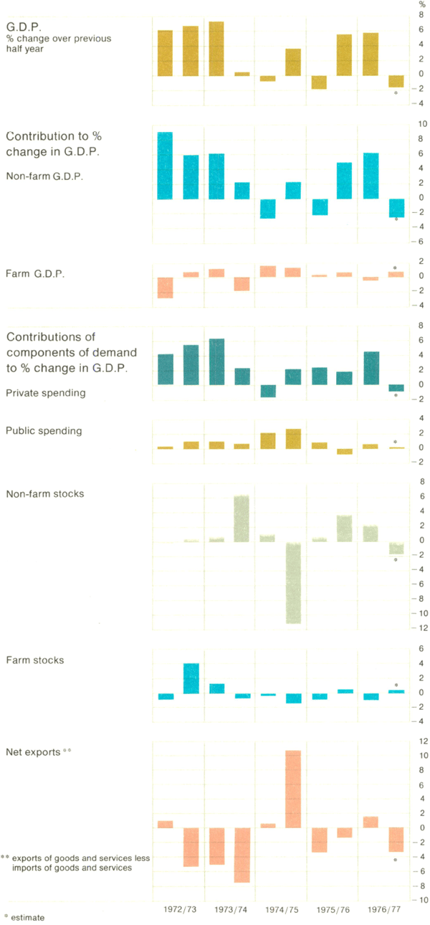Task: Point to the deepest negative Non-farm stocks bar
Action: click(294, 582)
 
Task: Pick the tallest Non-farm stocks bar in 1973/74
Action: click(242, 518)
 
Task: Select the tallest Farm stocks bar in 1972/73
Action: click(191, 678)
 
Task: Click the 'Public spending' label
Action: click(44, 431)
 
